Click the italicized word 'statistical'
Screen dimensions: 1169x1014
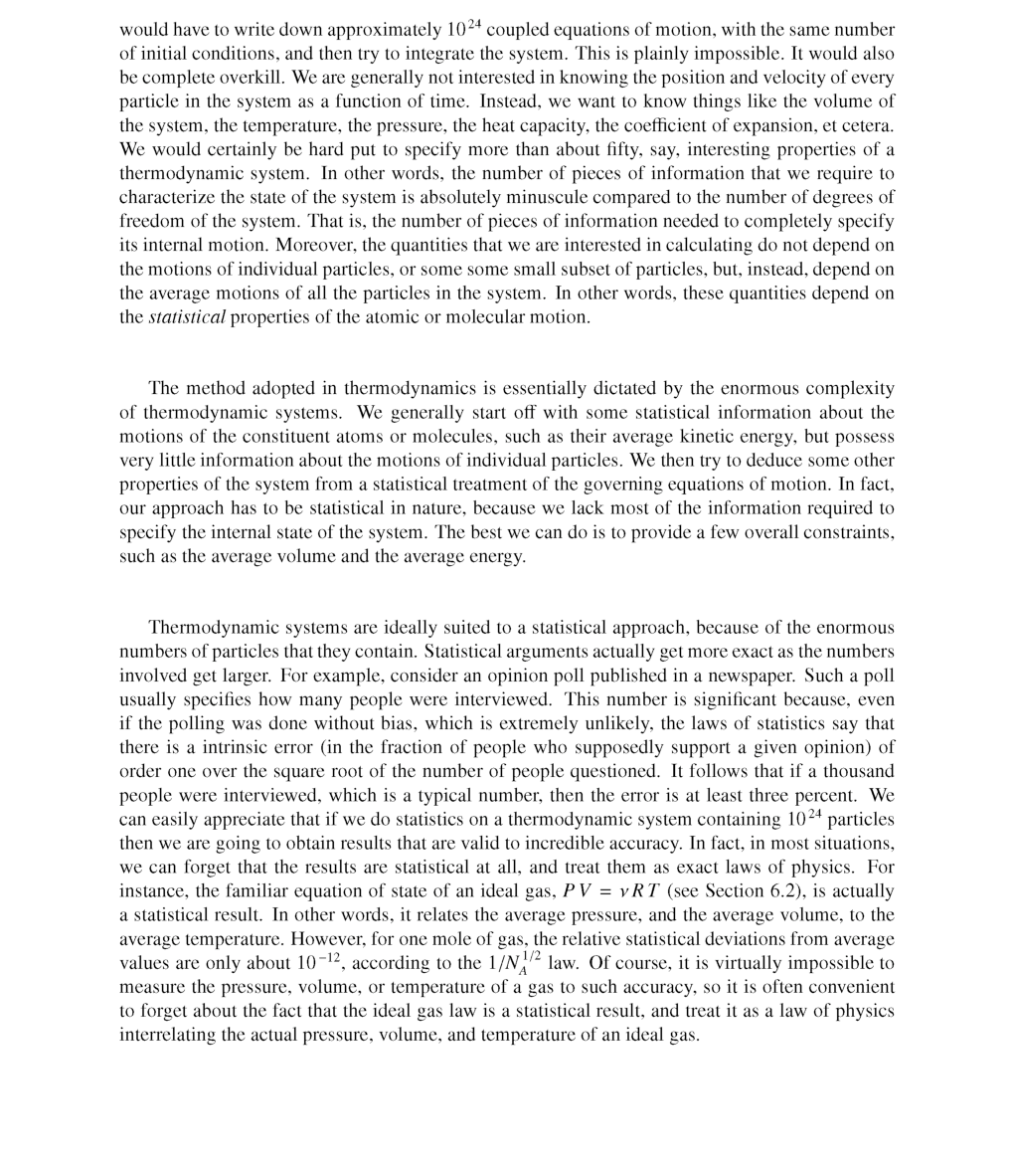click(x=187, y=317)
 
